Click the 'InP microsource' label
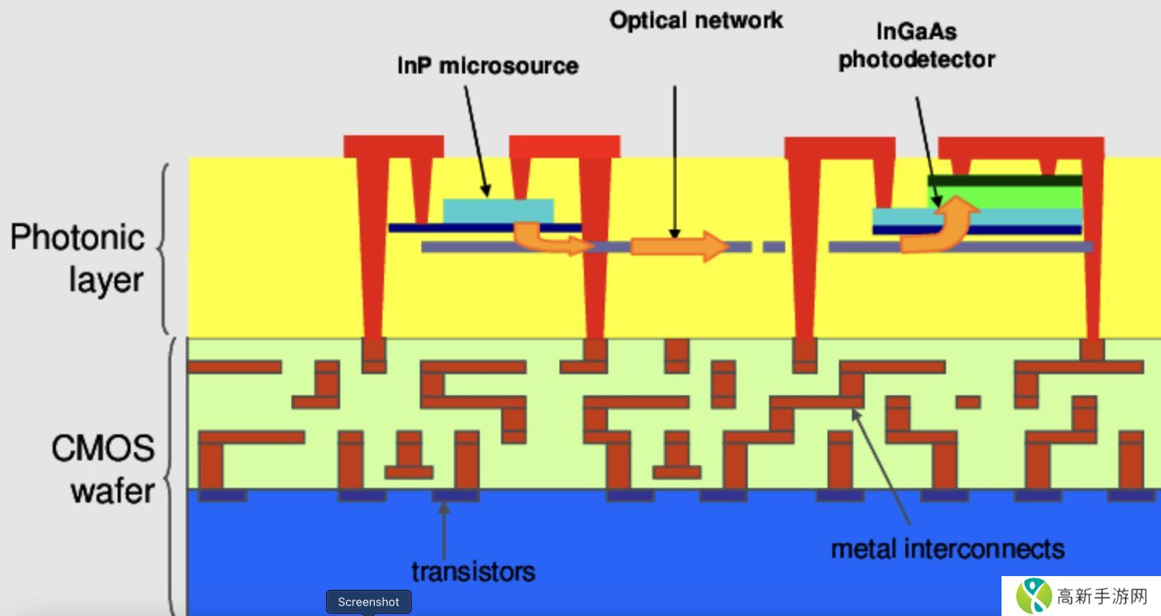487,65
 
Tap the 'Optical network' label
696,20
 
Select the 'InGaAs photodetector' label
916,46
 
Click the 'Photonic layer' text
77,259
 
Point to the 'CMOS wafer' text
104,468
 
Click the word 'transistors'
473,571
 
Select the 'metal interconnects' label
947,549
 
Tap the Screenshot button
368,602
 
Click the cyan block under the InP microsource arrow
498,211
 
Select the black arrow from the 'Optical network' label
675,160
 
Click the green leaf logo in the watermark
1034,596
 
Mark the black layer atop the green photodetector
1005,180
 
